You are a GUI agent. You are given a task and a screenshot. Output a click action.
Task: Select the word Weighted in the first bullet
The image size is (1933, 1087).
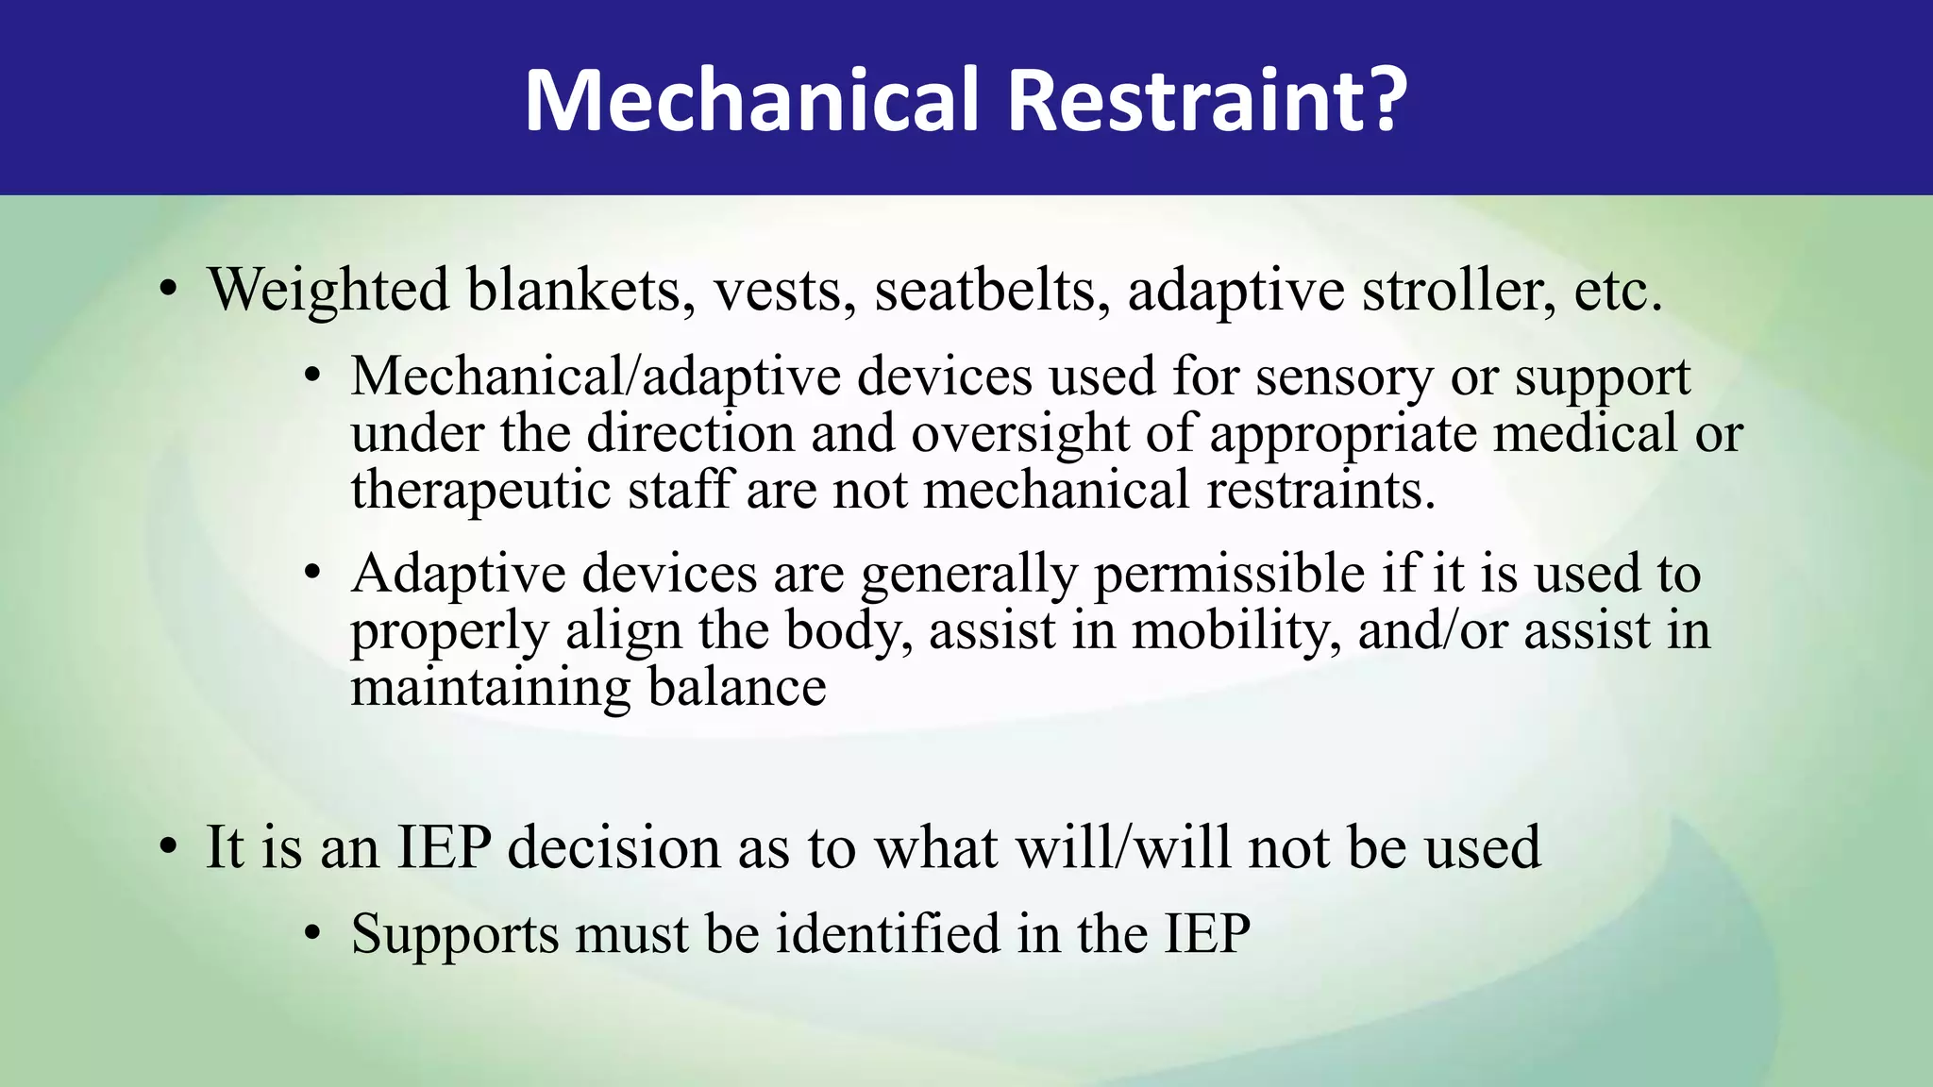click(x=328, y=290)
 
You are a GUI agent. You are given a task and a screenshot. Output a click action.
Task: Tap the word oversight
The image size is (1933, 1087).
click(x=1019, y=434)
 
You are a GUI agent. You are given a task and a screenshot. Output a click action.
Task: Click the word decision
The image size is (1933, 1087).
click(x=614, y=846)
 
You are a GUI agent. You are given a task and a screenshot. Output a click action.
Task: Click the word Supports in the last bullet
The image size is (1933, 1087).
click(x=454, y=934)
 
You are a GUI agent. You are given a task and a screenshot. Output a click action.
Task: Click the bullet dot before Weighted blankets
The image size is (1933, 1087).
click(x=168, y=292)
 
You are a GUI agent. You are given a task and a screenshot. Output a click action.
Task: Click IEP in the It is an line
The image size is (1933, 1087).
click(x=444, y=846)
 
